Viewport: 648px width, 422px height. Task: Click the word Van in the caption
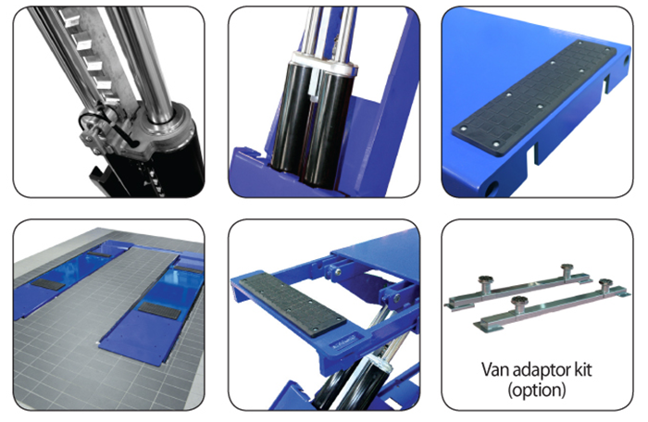tap(493, 369)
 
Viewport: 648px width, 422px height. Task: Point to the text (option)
tap(536, 390)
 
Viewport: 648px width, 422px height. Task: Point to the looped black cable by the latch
tap(99, 120)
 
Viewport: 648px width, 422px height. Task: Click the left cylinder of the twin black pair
tap(292, 120)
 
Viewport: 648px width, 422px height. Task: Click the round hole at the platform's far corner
tap(626, 61)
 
